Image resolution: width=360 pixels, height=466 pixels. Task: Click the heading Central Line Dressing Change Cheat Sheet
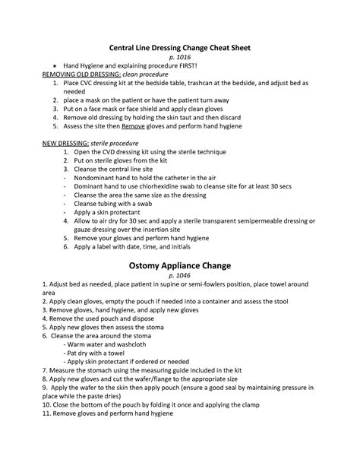pos(180,47)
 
